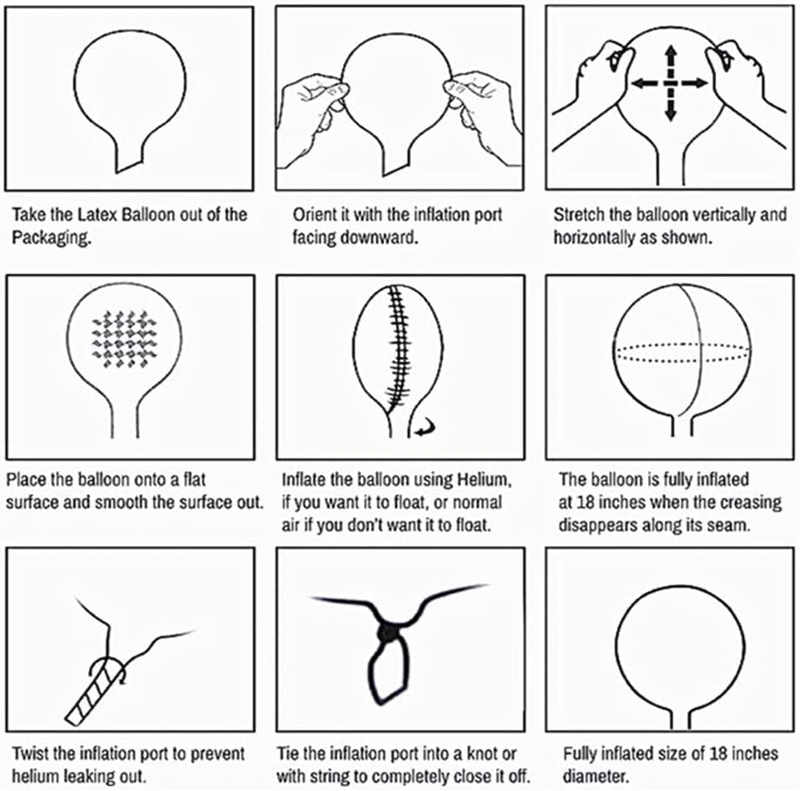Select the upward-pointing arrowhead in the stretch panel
[671, 54]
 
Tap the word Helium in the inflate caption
[484, 480]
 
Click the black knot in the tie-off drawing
[388, 634]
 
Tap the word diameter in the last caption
[595, 776]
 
